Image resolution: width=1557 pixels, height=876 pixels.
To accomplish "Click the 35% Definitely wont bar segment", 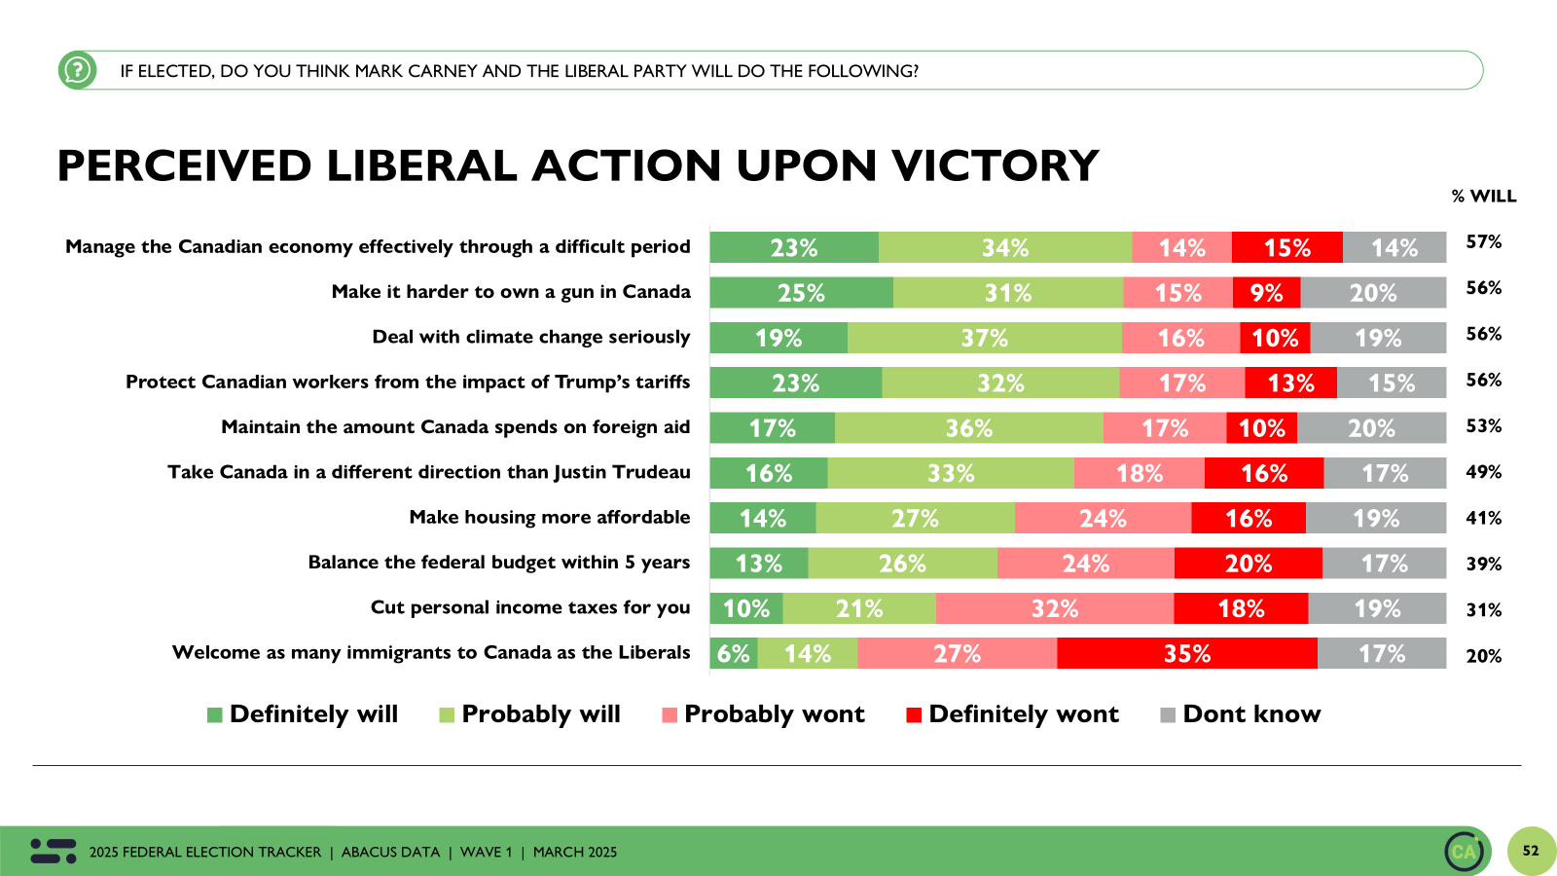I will click(1187, 653).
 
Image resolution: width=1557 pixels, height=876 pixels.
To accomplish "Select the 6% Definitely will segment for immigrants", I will click(734, 653).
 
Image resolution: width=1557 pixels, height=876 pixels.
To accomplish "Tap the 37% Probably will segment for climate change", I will click(984, 338).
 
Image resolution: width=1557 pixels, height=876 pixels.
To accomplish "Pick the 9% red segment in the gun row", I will click(1266, 293).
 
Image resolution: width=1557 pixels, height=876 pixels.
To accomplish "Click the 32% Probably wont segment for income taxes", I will click(1054, 608).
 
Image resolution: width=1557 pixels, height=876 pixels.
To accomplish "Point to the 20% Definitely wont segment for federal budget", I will click(1248, 564).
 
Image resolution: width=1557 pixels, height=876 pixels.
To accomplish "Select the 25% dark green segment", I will click(801, 293).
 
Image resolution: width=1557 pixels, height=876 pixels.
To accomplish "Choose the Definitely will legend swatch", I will click(215, 715).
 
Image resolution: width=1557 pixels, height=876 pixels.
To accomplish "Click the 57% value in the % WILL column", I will click(1483, 241).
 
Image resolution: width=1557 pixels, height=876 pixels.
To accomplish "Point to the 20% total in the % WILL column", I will click(1483, 656).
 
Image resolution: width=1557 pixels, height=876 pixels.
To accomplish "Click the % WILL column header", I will click(1483, 196).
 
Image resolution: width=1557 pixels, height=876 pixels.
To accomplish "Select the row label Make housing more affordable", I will click(549, 517).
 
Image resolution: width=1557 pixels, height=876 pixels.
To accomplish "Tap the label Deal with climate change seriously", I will click(530, 337).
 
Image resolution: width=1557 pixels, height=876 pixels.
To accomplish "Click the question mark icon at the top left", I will click(77, 70).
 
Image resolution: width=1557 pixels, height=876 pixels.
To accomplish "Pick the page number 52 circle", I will click(1531, 851).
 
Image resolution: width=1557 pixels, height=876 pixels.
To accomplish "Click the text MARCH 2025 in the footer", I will click(574, 852).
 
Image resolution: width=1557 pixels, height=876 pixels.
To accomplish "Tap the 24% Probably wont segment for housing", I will click(1103, 518).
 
